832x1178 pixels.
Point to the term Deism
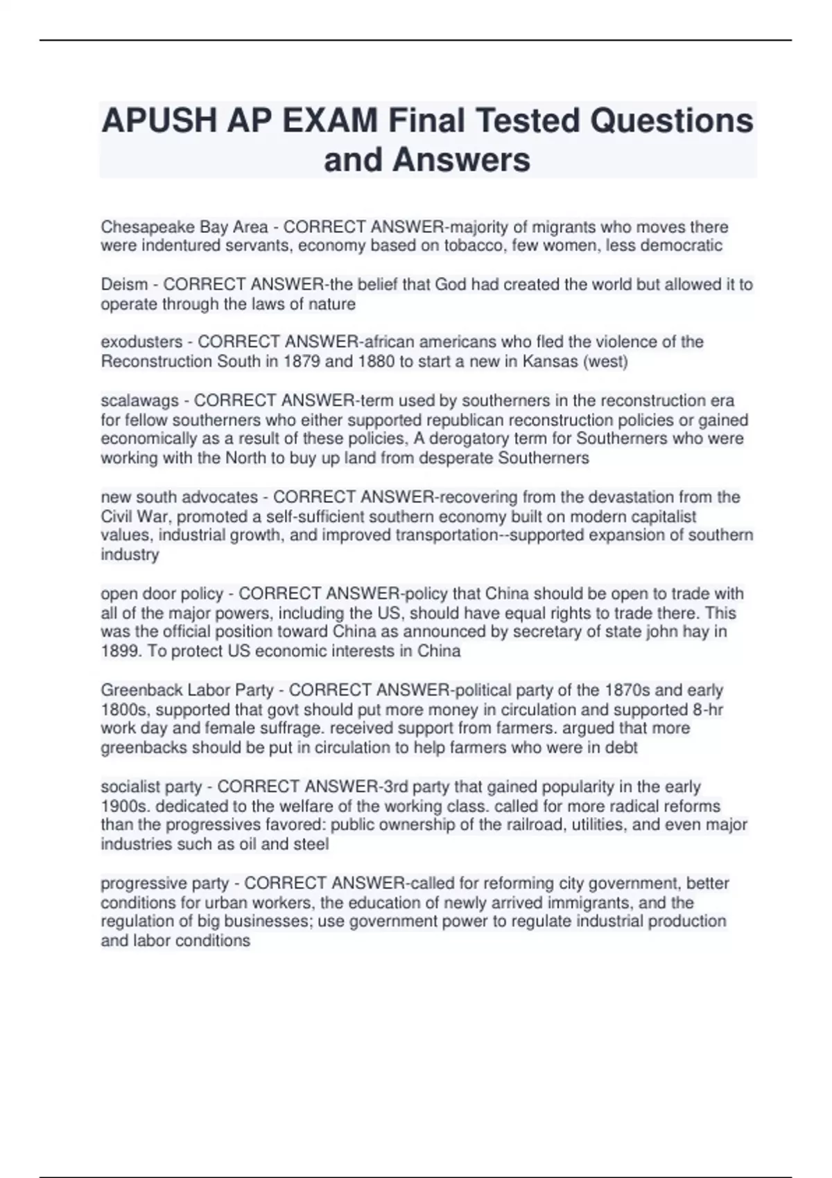[124, 285]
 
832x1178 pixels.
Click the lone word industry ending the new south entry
[130, 554]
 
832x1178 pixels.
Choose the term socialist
[130, 787]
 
